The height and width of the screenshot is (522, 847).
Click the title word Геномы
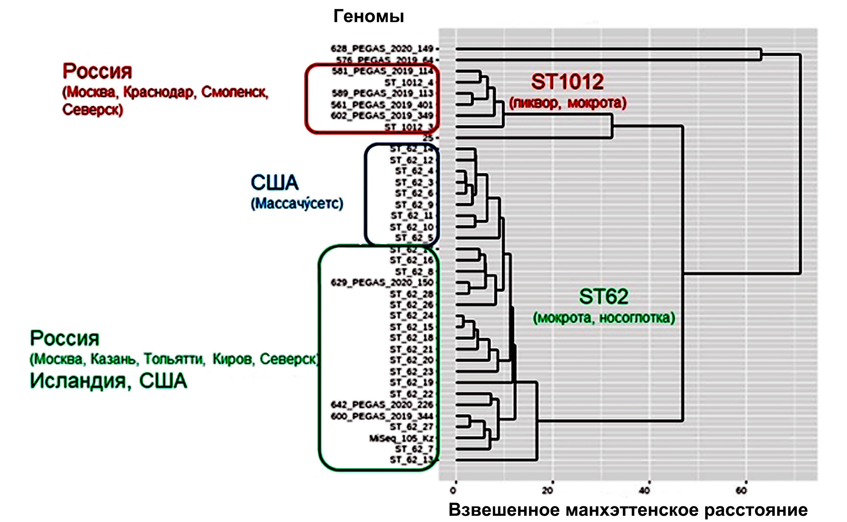pyautogui.click(x=369, y=16)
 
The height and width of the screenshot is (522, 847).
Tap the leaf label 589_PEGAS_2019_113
pyautogui.click(x=382, y=93)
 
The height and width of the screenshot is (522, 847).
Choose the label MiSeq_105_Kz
pyautogui.click(x=401, y=438)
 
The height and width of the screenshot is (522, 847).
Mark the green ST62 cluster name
pyautogui.click(x=603, y=297)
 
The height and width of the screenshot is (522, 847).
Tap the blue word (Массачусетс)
pyautogui.click(x=297, y=203)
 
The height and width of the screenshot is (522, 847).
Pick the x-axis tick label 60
pyautogui.click(x=741, y=490)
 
